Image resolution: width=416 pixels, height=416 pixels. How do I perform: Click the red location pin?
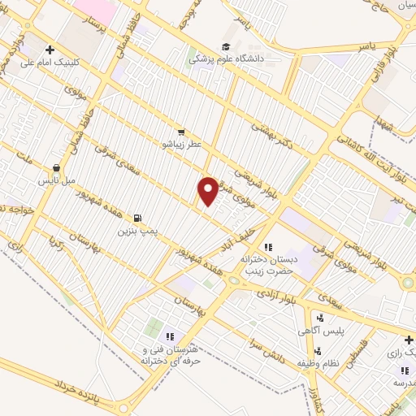[x=209, y=191]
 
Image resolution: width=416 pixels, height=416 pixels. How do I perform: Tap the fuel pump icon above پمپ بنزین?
[x=136, y=218]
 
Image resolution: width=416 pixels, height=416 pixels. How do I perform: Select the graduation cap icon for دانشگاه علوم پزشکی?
[x=225, y=46]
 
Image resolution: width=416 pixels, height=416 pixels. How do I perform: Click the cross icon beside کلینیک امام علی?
[x=51, y=50]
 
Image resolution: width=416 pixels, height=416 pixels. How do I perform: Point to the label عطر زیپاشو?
[x=183, y=143]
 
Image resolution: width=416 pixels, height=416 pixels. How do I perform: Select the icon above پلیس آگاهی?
[x=320, y=318]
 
